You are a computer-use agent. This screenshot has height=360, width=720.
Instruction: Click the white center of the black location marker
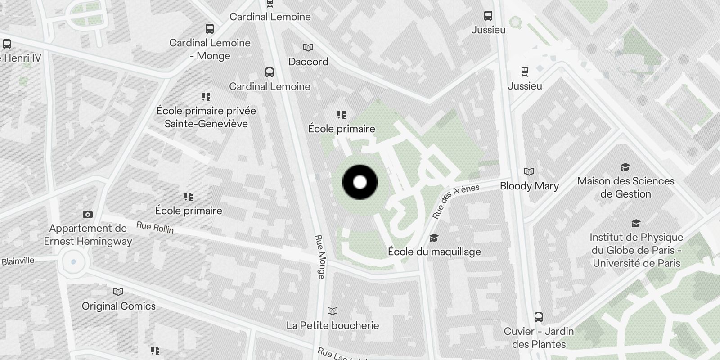pyautogui.click(x=360, y=182)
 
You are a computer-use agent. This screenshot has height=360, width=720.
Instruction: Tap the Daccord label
pyautogui.click(x=308, y=62)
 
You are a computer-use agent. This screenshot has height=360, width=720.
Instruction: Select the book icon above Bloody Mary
pyautogui.click(x=529, y=171)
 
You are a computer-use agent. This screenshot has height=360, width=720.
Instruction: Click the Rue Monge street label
pyautogui.click(x=320, y=256)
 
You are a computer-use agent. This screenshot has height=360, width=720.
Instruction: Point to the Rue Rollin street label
pyautogui.click(x=155, y=228)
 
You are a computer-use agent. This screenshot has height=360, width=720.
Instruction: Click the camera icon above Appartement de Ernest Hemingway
pyautogui.click(x=88, y=214)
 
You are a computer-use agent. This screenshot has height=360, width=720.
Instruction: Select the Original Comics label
pyautogui.click(x=119, y=306)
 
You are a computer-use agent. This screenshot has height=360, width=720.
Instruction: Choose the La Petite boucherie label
pyautogui.click(x=333, y=325)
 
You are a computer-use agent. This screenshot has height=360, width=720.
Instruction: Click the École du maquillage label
pyautogui.click(x=434, y=252)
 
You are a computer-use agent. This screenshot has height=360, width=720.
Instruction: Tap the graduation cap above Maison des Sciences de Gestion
pyautogui.click(x=625, y=167)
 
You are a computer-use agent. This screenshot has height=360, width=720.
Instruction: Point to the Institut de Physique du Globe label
pyautogui.click(x=636, y=250)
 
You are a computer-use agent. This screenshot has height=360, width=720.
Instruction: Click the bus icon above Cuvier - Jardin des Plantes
pyautogui.click(x=539, y=317)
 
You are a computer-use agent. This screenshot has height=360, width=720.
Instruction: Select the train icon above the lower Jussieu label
pyautogui.click(x=525, y=72)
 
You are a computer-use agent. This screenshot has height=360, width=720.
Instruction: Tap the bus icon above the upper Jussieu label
pyautogui.click(x=488, y=16)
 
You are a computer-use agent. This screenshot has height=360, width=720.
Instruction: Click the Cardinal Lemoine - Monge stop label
pyautogui.click(x=210, y=49)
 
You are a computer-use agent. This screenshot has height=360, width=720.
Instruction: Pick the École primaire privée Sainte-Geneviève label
pyautogui.click(x=206, y=117)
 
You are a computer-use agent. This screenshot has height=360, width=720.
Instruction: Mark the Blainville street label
pyautogui.click(x=18, y=261)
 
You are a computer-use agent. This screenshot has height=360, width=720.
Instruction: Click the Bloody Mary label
pyautogui.click(x=529, y=186)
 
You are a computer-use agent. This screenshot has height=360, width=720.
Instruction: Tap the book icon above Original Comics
pyautogui.click(x=118, y=292)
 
